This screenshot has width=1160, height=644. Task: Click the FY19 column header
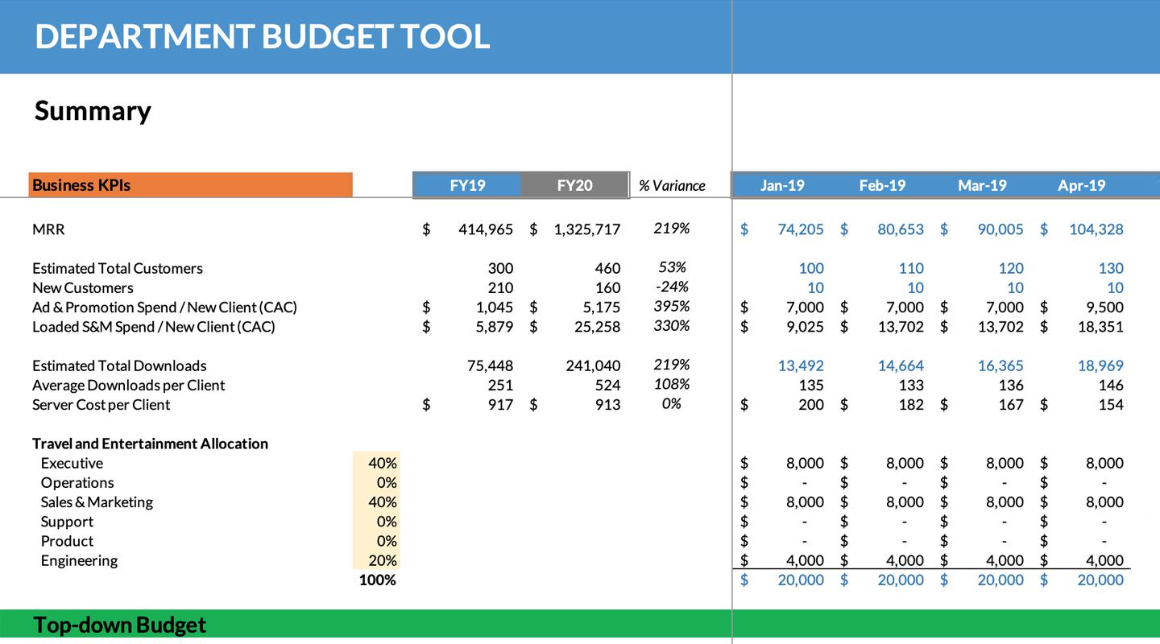467,185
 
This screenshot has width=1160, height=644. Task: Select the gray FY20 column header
574,185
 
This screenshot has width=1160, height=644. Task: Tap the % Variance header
672,186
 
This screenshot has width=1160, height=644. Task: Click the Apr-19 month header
1081,185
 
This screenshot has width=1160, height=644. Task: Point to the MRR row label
48,229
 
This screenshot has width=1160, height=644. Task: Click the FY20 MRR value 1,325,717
587,229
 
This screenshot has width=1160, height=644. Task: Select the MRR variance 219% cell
671,229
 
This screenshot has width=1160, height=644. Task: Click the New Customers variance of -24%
671,287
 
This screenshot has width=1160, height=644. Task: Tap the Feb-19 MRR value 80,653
901,229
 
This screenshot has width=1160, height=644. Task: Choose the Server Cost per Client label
101,405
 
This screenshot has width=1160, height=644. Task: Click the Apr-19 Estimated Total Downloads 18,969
1100,365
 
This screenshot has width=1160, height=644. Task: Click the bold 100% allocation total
377,580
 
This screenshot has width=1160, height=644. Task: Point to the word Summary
93,111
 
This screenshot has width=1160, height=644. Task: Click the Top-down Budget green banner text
119,625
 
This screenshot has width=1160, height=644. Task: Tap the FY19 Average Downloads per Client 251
500,385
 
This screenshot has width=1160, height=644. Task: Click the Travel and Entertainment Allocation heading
150,444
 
